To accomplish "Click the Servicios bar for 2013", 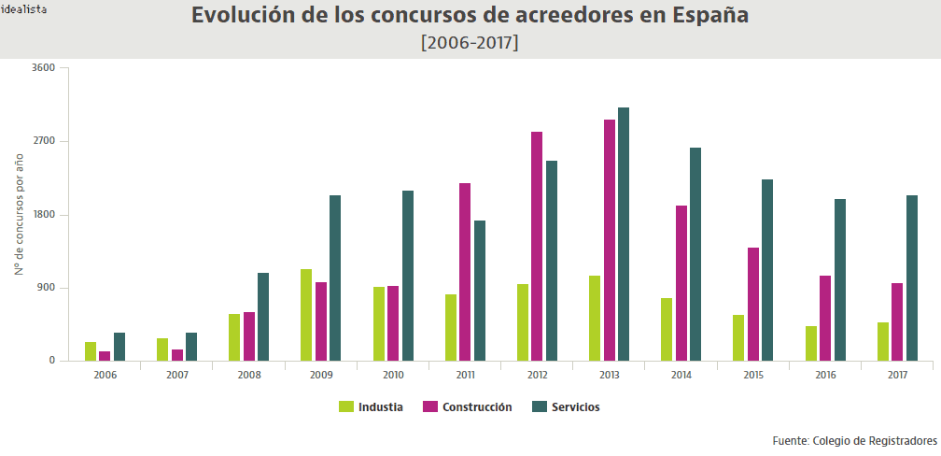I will coord(624,234).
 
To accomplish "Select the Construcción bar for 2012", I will coord(537,246).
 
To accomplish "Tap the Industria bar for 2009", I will coord(306,315).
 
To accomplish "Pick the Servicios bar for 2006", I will coord(119,347).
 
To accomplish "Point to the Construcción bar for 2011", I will coord(465,272).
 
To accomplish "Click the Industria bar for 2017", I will coord(883,341).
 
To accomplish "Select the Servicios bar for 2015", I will coord(767,270).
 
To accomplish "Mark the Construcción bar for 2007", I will coord(177,355).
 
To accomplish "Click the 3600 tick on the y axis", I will coord(44,68).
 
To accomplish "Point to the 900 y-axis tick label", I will coord(48,288).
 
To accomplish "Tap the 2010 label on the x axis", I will coord(393,374).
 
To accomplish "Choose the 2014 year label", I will coord(681,374).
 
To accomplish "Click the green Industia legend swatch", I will coord(346,407).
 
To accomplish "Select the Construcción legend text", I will coord(477,407).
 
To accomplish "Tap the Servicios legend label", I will coord(576,407).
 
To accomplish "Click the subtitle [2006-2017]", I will coord(470,43).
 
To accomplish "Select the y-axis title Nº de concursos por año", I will coord(20,212).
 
